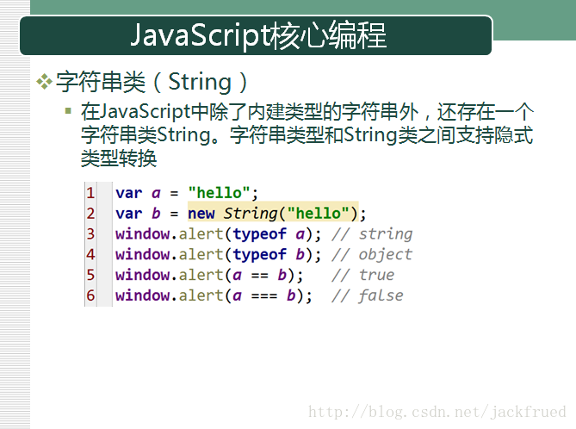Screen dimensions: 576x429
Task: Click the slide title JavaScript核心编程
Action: (x=258, y=35)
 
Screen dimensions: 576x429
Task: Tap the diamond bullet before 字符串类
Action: (x=44, y=82)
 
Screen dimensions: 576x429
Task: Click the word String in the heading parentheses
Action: (x=200, y=82)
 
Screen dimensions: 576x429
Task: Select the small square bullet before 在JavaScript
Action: (x=68, y=110)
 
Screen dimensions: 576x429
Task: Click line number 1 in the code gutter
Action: (x=90, y=193)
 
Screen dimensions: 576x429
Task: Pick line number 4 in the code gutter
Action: (x=90, y=254)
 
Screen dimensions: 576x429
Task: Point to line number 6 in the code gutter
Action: (x=90, y=295)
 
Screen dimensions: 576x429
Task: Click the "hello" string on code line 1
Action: (x=219, y=193)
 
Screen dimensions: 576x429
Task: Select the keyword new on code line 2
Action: (x=201, y=214)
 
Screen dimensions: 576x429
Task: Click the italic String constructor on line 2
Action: (x=251, y=214)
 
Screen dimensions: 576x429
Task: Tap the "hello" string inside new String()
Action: (x=318, y=214)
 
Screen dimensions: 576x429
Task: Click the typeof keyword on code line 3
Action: (x=260, y=234)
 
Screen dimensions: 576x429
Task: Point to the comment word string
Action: (x=386, y=234)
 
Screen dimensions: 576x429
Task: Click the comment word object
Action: (x=386, y=255)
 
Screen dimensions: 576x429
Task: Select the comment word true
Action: (x=376, y=275)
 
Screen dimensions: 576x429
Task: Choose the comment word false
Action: (x=381, y=295)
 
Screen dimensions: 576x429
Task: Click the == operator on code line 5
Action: (x=260, y=276)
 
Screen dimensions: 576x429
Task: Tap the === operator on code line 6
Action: (x=264, y=296)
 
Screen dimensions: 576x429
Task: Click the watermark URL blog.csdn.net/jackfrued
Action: (x=437, y=412)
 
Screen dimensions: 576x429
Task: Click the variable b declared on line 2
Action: (x=156, y=214)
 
